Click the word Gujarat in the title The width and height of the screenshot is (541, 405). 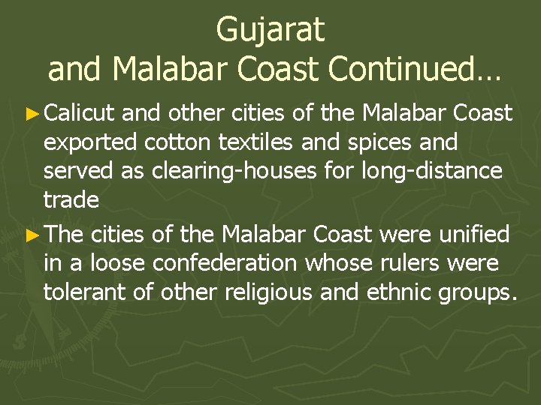point(270,29)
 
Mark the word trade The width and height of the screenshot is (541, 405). point(71,200)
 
